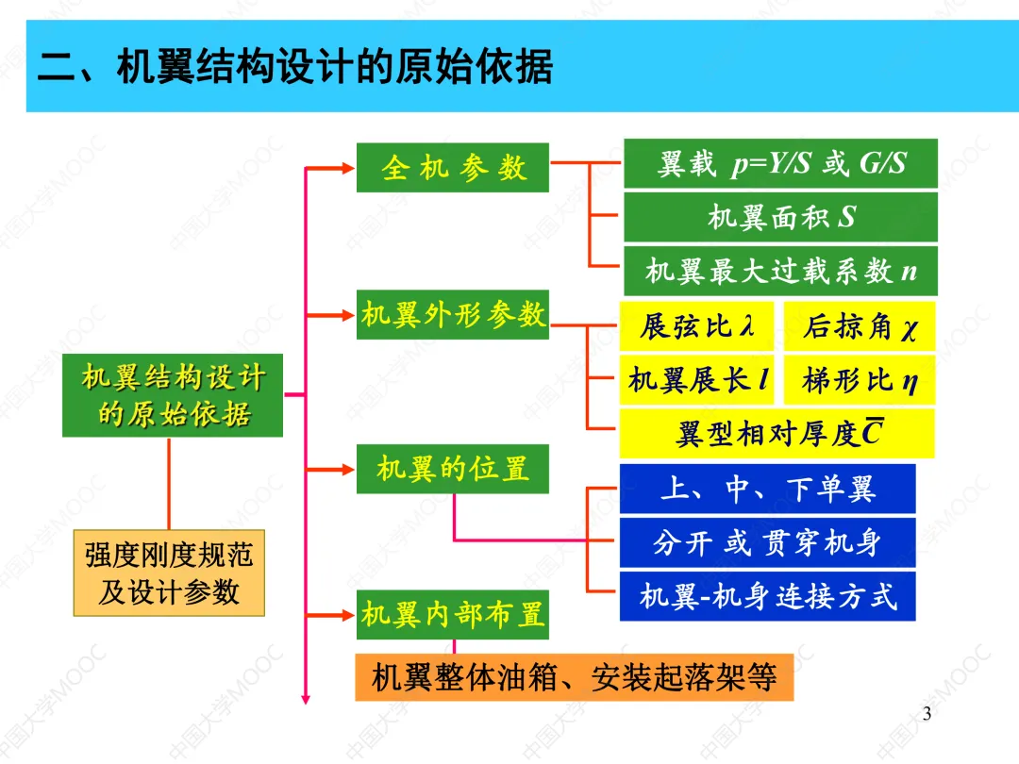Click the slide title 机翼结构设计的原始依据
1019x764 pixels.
[x=295, y=68]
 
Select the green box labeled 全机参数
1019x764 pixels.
[x=453, y=168]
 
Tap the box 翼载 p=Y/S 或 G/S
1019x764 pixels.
[x=780, y=164]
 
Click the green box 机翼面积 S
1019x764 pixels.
[x=780, y=218]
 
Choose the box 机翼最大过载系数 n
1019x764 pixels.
[x=780, y=272]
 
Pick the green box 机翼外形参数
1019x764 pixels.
[x=453, y=314]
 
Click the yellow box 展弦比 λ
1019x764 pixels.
[x=696, y=326]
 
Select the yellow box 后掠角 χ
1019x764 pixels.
[x=859, y=326]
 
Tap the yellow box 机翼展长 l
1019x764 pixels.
[x=696, y=380]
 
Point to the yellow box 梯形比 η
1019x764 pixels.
[x=859, y=380]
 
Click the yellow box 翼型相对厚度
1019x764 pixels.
[x=777, y=434]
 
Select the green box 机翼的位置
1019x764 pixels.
[x=453, y=468]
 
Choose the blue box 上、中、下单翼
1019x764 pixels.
[x=767, y=489]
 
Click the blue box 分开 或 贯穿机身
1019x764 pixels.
[x=767, y=542]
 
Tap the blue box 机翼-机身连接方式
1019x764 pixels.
[x=767, y=596]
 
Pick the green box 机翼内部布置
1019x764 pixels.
[x=453, y=615]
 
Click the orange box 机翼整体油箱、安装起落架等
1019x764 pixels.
[x=574, y=677]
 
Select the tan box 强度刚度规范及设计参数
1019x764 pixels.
[x=169, y=573]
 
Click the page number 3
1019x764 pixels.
[x=927, y=713]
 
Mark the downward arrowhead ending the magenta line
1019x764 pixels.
[x=306, y=698]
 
